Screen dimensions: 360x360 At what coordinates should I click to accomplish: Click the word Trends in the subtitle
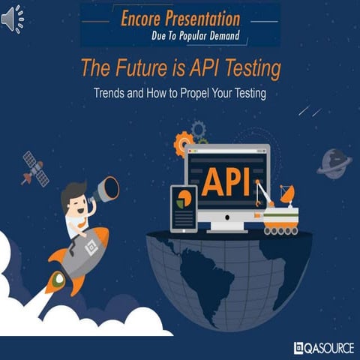[110, 95]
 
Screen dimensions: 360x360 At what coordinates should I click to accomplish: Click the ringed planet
[334, 162]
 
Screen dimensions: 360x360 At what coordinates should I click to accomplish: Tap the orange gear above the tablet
[182, 142]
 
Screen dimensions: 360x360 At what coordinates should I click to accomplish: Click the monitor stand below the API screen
[227, 224]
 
